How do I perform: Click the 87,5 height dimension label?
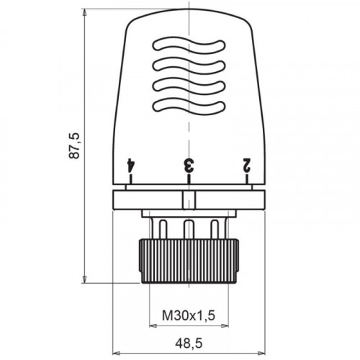tap(73, 145)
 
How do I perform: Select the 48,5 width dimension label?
tap(189, 343)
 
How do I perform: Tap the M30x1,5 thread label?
tap(189, 315)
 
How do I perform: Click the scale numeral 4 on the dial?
tap(130, 165)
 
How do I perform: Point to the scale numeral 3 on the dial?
tap(189, 165)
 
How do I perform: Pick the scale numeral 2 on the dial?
tap(247, 165)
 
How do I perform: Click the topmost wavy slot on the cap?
tap(189, 45)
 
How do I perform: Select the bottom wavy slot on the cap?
tap(189, 106)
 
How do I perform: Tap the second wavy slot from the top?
tap(189, 66)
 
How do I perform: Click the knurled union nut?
tap(189, 261)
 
